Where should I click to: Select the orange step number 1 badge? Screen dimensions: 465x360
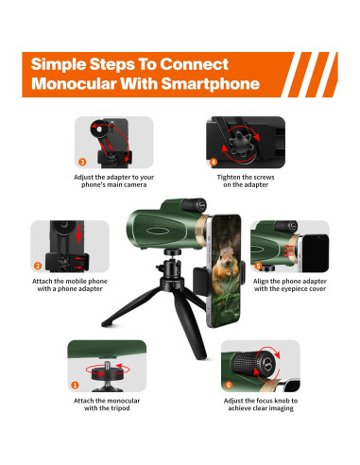pos(76,385)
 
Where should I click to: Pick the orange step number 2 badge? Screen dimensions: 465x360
pos(39,267)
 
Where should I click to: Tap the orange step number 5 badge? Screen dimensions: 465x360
pos(259,267)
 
